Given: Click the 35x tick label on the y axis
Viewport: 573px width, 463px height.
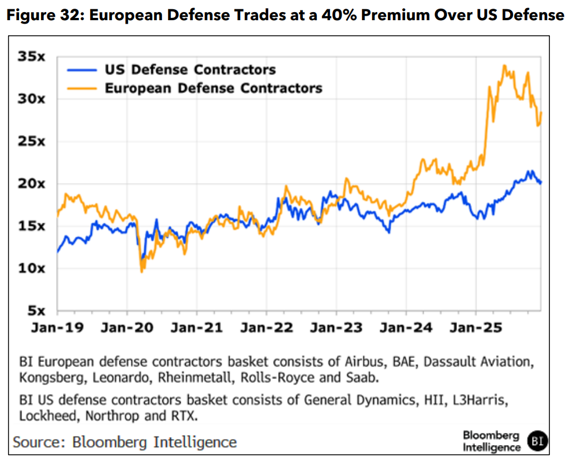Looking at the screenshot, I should [x=33, y=57].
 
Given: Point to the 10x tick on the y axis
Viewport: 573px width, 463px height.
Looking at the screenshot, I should [x=33, y=268].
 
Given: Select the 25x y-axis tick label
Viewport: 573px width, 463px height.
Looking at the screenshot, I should [x=33, y=141].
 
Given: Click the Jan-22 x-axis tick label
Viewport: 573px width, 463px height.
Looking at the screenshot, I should [x=266, y=327].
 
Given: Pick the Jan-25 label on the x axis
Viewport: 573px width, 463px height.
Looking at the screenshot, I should [x=477, y=327].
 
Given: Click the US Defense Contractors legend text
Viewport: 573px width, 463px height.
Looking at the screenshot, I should [x=190, y=70].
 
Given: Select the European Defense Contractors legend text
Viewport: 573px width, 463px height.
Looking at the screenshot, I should [x=213, y=88].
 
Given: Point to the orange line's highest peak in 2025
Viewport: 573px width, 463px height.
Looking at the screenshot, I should [x=504, y=66].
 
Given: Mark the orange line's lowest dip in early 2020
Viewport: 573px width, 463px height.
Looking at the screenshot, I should [x=141, y=271].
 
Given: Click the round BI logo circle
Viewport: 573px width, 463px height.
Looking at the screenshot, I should [x=538, y=442].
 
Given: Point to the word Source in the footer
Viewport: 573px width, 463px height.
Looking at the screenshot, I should [x=39, y=442].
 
